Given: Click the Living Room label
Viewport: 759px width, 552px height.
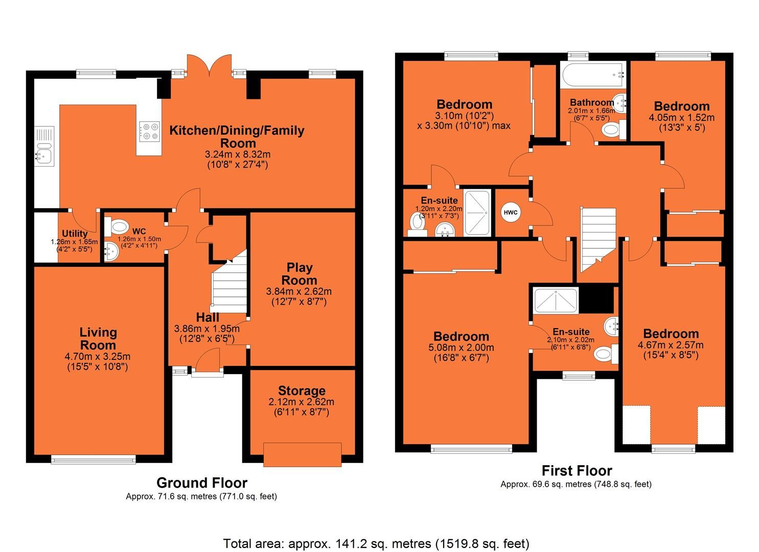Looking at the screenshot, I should click(x=98, y=338).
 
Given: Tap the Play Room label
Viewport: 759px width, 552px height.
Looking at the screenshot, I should click(x=299, y=273).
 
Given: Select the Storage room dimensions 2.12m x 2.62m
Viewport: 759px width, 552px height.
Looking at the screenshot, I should click(x=302, y=402).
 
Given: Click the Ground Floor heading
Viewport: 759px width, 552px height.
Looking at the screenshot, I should click(x=201, y=482).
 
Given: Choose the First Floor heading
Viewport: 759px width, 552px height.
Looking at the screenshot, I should click(x=576, y=470).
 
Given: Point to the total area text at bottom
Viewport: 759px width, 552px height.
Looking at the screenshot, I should click(x=376, y=543).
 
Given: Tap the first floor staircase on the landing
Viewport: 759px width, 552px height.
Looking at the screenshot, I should click(x=598, y=240).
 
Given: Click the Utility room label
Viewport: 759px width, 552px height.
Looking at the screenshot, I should click(x=75, y=234).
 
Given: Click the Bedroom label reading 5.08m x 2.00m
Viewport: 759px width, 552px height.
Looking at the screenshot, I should click(x=461, y=336).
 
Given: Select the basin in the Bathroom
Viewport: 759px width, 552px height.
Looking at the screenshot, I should click(x=620, y=104).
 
